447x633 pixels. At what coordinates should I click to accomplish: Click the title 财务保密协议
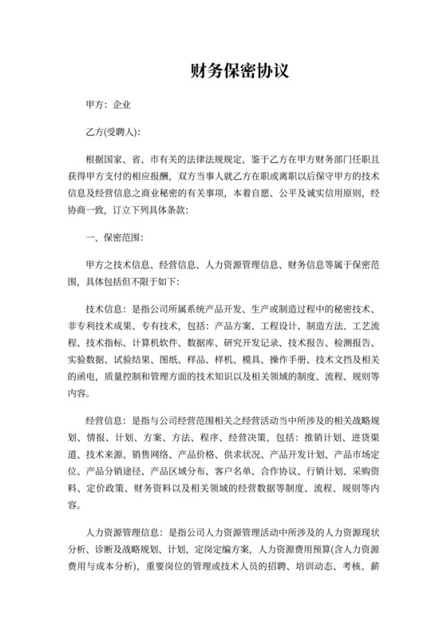pos(223,70)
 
